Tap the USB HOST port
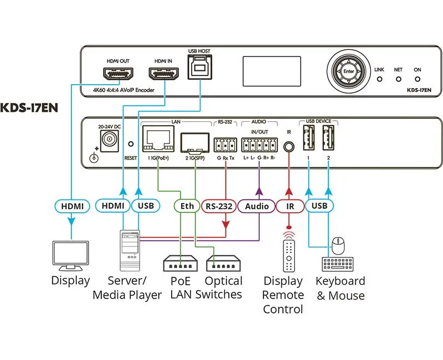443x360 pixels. click(199, 69)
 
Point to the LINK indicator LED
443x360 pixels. click(379, 79)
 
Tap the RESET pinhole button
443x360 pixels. click(131, 143)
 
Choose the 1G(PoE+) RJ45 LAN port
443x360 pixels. click(158, 139)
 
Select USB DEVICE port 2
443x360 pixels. click(329, 139)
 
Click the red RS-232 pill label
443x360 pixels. click(218, 206)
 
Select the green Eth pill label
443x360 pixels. click(187, 206)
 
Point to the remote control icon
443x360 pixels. click(289, 251)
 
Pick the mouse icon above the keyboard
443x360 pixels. click(338, 243)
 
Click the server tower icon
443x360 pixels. click(130, 248)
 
